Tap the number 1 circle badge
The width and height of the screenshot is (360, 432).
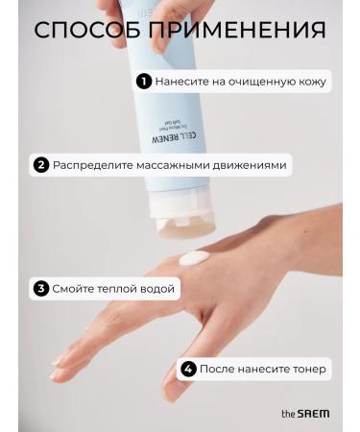tap(143, 82)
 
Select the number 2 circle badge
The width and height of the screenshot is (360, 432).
tap(40, 165)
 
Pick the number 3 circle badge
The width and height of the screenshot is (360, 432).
tap(40, 288)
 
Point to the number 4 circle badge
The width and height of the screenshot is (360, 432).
tap(188, 369)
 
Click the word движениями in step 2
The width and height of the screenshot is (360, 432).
tap(249, 165)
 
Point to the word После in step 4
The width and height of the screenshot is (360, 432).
tap(217, 369)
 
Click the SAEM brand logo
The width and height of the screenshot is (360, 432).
tap(305, 413)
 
